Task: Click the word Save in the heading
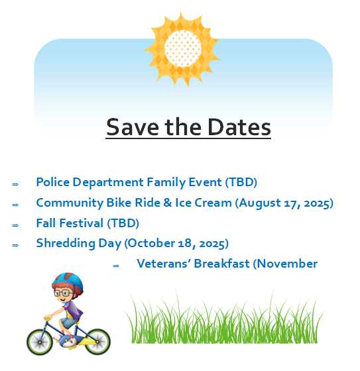click(133, 127)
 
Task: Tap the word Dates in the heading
click(239, 127)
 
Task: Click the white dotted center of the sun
click(182, 48)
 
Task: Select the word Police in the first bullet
click(53, 182)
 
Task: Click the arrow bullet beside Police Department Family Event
click(15, 184)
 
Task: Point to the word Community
click(70, 203)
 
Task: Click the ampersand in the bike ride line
click(168, 203)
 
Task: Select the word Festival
click(82, 223)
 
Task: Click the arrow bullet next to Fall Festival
click(15, 225)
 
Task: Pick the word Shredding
click(66, 243)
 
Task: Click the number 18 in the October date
click(185, 244)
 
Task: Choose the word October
click(150, 243)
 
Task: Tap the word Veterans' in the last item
click(164, 264)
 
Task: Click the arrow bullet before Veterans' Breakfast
click(116, 266)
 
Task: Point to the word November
click(285, 264)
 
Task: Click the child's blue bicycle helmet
click(68, 282)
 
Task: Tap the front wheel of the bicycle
click(40, 342)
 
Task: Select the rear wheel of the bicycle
click(97, 341)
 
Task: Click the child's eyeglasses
click(62, 293)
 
